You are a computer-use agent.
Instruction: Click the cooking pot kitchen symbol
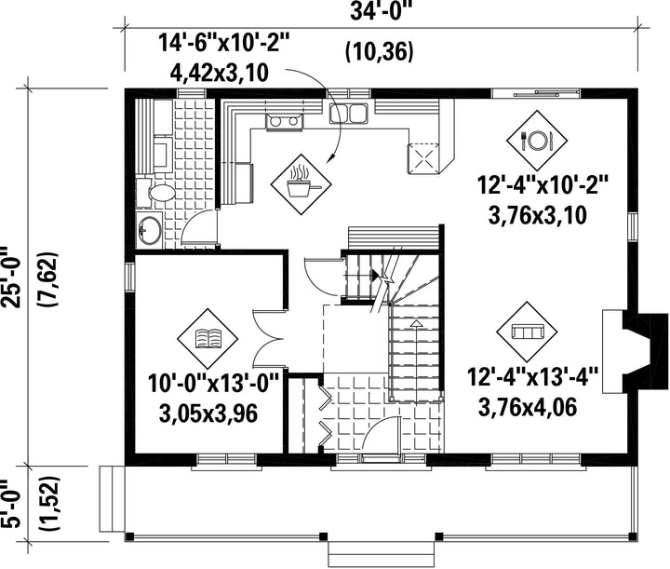pyautogui.click(x=301, y=184)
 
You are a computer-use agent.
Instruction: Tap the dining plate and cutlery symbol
pyautogui.click(x=537, y=140)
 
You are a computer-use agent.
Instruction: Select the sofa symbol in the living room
pyautogui.click(x=527, y=332)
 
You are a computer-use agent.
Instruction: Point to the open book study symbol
pyautogui.click(x=208, y=338)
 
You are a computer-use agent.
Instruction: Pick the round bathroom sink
pyautogui.click(x=149, y=229)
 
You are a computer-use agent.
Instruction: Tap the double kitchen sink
pyautogui.click(x=348, y=114)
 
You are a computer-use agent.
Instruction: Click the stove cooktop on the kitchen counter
pyautogui.click(x=284, y=122)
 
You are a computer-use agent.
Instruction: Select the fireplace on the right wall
pyautogui.click(x=635, y=352)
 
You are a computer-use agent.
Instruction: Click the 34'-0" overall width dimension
pyautogui.click(x=381, y=11)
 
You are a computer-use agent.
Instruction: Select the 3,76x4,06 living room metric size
pyautogui.click(x=528, y=407)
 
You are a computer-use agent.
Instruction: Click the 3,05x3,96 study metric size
pyautogui.click(x=208, y=414)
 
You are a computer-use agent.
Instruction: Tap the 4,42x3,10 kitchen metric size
pyautogui.click(x=220, y=73)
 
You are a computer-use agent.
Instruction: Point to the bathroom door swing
pyautogui.click(x=199, y=229)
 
